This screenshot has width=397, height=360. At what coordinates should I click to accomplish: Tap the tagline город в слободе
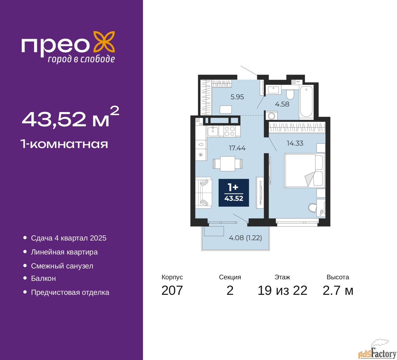[81, 59]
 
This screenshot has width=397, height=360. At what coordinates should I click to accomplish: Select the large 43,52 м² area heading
[70, 118]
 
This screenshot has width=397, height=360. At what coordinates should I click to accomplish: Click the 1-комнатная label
[64, 144]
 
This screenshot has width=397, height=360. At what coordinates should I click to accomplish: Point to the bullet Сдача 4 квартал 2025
[69, 238]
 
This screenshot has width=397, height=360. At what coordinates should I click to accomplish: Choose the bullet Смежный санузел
[62, 266]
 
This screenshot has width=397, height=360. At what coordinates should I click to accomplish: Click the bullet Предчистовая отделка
[70, 292]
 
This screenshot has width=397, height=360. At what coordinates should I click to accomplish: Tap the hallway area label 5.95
[237, 97]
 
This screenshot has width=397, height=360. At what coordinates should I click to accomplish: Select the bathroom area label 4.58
[282, 104]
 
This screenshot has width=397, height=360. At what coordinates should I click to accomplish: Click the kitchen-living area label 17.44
[237, 148]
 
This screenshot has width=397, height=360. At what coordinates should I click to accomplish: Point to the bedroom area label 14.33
[295, 143]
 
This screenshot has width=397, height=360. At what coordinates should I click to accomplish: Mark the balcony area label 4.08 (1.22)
[245, 238]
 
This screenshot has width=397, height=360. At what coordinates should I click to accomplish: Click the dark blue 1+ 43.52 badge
[234, 193]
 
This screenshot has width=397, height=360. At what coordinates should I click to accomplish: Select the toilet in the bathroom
[290, 93]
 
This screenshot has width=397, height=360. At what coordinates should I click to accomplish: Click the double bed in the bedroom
[303, 171]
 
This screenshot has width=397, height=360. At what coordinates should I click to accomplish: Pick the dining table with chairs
[228, 164]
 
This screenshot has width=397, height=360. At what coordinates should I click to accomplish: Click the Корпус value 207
[172, 290]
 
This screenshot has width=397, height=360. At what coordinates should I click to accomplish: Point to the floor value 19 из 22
[282, 290]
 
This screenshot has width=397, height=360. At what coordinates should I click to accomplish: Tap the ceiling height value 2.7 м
[338, 290]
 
